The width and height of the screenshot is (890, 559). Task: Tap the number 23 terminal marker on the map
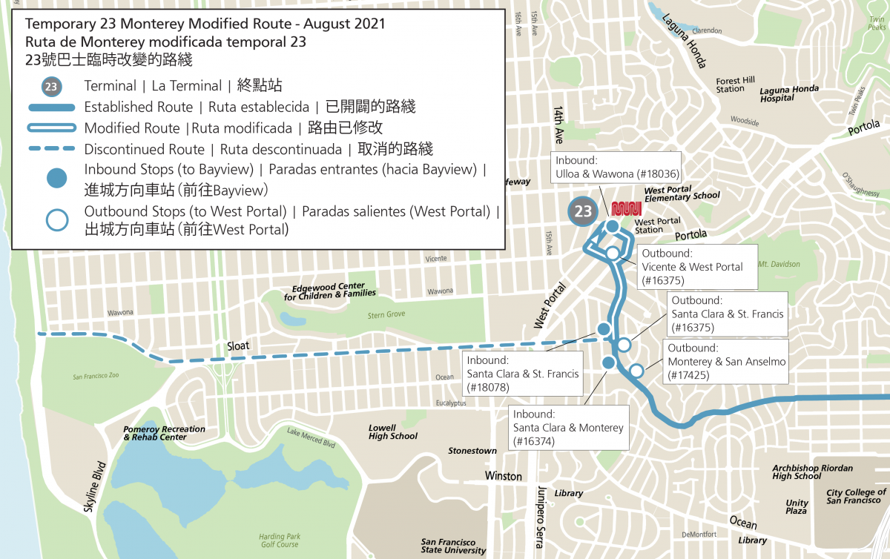(x=583, y=211)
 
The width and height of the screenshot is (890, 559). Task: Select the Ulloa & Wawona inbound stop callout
(x=616, y=168)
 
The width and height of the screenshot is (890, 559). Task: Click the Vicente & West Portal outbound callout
(x=696, y=266)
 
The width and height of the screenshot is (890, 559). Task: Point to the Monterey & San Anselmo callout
(x=725, y=362)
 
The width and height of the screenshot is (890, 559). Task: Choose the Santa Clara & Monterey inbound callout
(x=568, y=428)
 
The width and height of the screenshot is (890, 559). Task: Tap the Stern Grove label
(x=386, y=314)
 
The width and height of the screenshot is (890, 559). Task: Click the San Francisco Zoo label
(x=96, y=376)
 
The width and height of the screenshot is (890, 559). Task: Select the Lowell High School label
(x=392, y=432)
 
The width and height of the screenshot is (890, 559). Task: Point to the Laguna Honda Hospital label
(x=789, y=93)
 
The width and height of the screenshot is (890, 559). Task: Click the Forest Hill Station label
(x=735, y=85)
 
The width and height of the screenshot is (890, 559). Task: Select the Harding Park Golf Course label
(x=279, y=540)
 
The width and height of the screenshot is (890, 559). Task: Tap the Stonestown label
(x=472, y=451)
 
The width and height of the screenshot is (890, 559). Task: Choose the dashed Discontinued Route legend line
(x=51, y=149)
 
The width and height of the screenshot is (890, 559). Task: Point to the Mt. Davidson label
(x=779, y=264)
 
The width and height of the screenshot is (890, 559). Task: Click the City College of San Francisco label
(x=856, y=496)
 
